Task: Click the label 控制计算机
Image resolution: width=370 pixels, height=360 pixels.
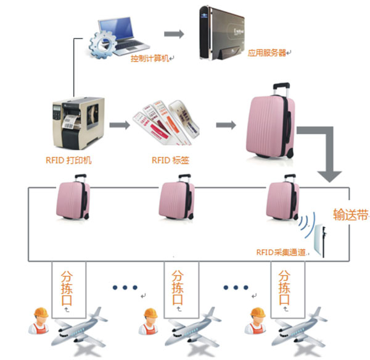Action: coord(150,59)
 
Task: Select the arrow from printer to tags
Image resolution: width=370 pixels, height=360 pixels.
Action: coord(120,125)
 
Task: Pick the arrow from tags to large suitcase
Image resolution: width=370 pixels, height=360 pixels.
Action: coord(226,125)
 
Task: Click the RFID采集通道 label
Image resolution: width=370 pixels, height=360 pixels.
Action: coord(281,252)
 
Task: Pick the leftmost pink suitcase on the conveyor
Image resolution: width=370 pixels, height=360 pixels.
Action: coord(73,201)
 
